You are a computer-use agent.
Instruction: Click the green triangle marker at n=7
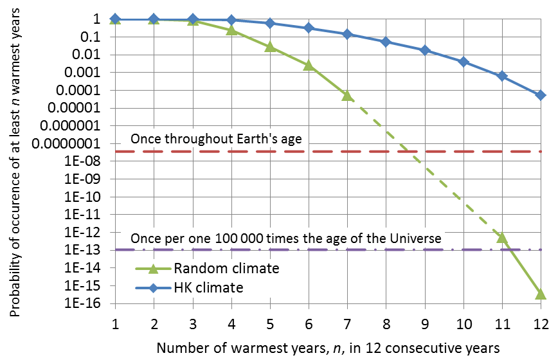tap(347, 95)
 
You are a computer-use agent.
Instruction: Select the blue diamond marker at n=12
tap(541, 95)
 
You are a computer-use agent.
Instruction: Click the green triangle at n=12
tap(541, 294)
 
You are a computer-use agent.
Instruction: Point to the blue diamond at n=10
tap(464, 62)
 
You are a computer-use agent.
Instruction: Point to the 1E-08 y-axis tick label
tap(84, 161)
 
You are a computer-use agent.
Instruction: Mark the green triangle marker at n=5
tap(270, 47)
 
